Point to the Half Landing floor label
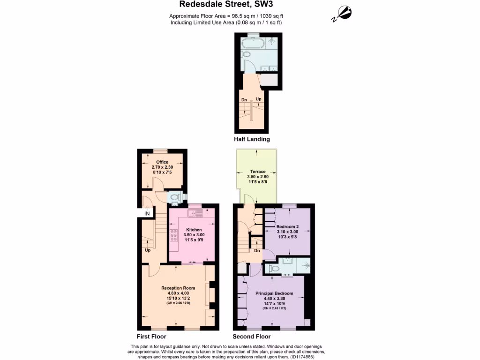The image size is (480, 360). [x=252, y=139]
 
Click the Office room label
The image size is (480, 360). [x=162, y=162]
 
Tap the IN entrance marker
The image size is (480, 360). [x=147, y=214]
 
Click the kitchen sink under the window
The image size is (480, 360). [x=195, y=213]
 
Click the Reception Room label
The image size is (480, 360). [x=178, y=288]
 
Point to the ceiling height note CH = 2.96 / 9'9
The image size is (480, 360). [x=178, y=303]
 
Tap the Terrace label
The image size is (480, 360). [x=257, y=172]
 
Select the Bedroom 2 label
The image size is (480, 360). [x=287, y=226]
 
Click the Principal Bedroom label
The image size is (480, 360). [x=274, y=293]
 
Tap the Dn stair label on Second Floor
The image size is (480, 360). [x=256, y=251]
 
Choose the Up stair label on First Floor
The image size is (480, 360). [x=148, y=250]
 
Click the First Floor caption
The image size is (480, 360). [x=151, y=337]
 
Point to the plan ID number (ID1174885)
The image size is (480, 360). [x=302, y=357]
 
